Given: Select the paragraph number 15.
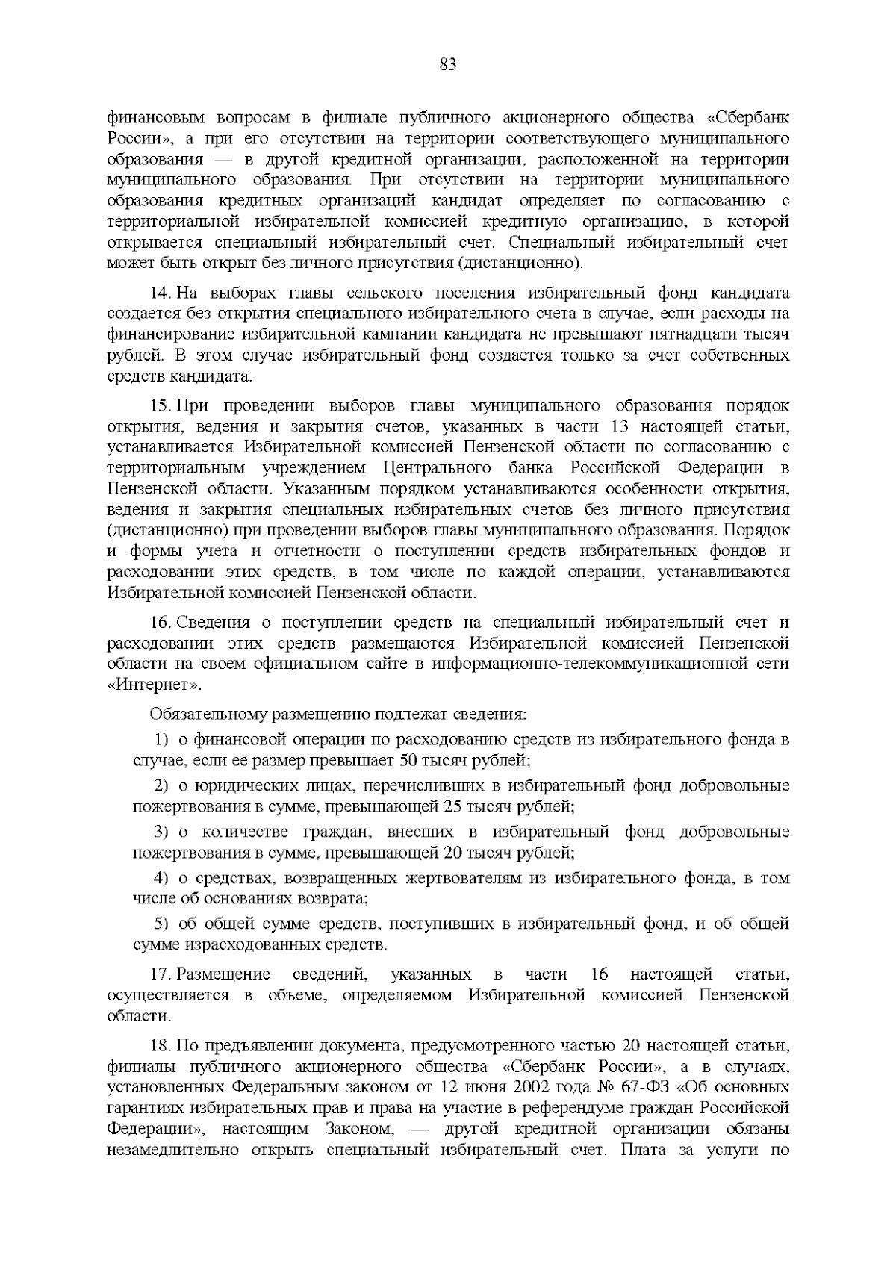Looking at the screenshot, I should [x=160, y=406].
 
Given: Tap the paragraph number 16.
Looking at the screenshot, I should [x=160, y=623].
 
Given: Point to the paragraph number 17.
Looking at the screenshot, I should [x=160, y=974].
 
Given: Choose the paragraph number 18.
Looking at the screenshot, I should [x=160, y=1043].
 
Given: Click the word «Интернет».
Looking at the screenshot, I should [x=155, y=685].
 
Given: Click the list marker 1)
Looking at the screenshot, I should [x=161, y=740].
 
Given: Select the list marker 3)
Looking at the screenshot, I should [x=161, y=832].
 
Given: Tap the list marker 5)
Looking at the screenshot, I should [x=161, y=924].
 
